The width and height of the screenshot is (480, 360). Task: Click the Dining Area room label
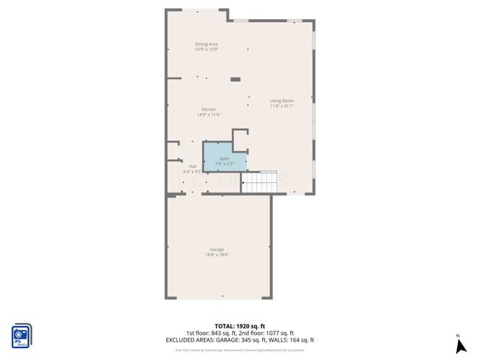coord(206,44)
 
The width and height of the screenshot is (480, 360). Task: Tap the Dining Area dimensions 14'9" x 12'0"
coord(206,49)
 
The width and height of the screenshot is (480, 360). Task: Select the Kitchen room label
coord(209,109)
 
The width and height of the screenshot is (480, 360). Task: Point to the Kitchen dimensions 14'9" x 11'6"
coord(209,114)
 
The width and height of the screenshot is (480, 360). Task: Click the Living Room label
coord(281,100)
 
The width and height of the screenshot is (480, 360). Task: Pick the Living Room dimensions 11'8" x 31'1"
coord(281,105)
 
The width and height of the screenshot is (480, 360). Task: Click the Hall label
coord(193,166)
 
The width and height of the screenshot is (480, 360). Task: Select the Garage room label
coord(216,249)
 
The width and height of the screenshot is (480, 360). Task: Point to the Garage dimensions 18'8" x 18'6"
coord(216,255)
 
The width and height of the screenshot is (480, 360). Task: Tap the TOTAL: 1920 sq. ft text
coord(239,326)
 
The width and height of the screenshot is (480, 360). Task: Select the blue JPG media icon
coord(21,336)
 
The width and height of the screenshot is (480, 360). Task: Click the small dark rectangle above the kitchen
coord(236,79)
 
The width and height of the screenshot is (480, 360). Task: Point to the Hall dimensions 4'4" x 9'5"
coord(193,171)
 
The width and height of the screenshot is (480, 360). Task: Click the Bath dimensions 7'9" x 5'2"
coord(224,163)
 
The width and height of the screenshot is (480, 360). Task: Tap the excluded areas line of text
coord(239,340)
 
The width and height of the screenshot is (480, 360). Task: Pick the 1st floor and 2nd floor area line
coord(239,333)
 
